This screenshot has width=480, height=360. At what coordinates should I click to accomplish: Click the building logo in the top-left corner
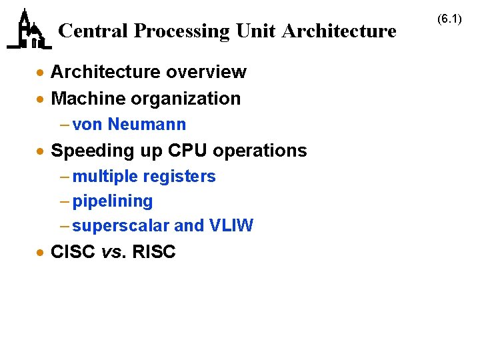29,30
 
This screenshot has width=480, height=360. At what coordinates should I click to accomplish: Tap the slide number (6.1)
449,19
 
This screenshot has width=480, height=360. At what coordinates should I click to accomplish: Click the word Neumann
147,125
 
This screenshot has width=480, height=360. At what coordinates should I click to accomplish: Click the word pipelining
113,201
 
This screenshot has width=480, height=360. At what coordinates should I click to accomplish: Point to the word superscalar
121,226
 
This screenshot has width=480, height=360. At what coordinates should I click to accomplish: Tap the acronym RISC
154,252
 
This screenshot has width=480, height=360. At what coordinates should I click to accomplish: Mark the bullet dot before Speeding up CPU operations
41,151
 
